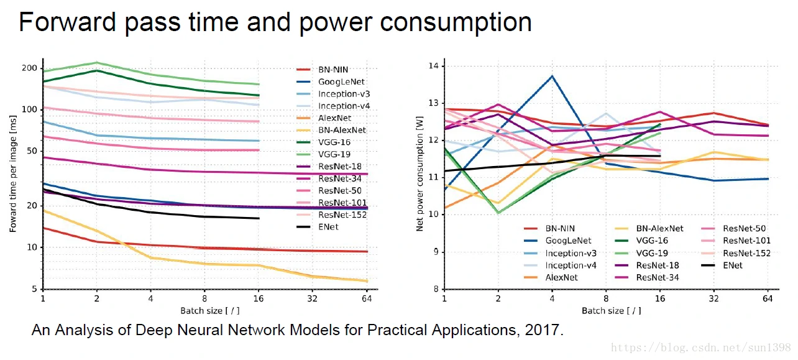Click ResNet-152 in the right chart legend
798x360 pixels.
click(x=746, y=253)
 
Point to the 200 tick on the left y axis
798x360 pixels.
click(x=29, y=68)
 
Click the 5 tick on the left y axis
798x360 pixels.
click(x=34, y=289)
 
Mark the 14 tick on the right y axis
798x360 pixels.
click(x=433, y=66)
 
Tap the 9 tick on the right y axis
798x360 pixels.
click(x=436, y=252)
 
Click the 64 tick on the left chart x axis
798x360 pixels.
click(x=367, y=298)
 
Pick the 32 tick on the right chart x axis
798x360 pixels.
click(x=714, y=298)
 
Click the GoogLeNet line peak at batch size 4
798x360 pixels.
click(x=552, y=76)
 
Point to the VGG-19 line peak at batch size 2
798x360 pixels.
click(x=97, y=62)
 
